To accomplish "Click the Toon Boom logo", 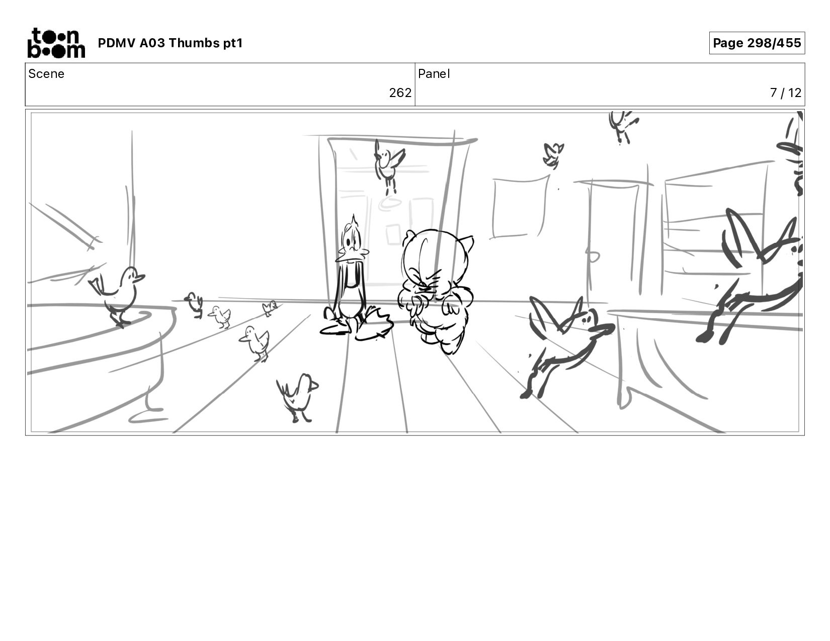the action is click(x=56, y=43).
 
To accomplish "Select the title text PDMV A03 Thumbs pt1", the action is click(x=171, y=43).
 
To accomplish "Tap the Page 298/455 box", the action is click(x=757, y=43).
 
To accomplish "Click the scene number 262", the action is click(x=400, y=93).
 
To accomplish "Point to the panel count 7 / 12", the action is click(x=785, y=93).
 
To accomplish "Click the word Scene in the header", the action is click(x=46, y=74).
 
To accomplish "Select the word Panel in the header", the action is click(x=434, y=74).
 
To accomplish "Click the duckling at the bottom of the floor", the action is click(x=298, y=398).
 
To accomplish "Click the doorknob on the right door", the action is click(x=592, y=256).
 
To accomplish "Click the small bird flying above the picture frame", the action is click(x=553, y=155).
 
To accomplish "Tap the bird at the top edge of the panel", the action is click(x=622, y=127).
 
